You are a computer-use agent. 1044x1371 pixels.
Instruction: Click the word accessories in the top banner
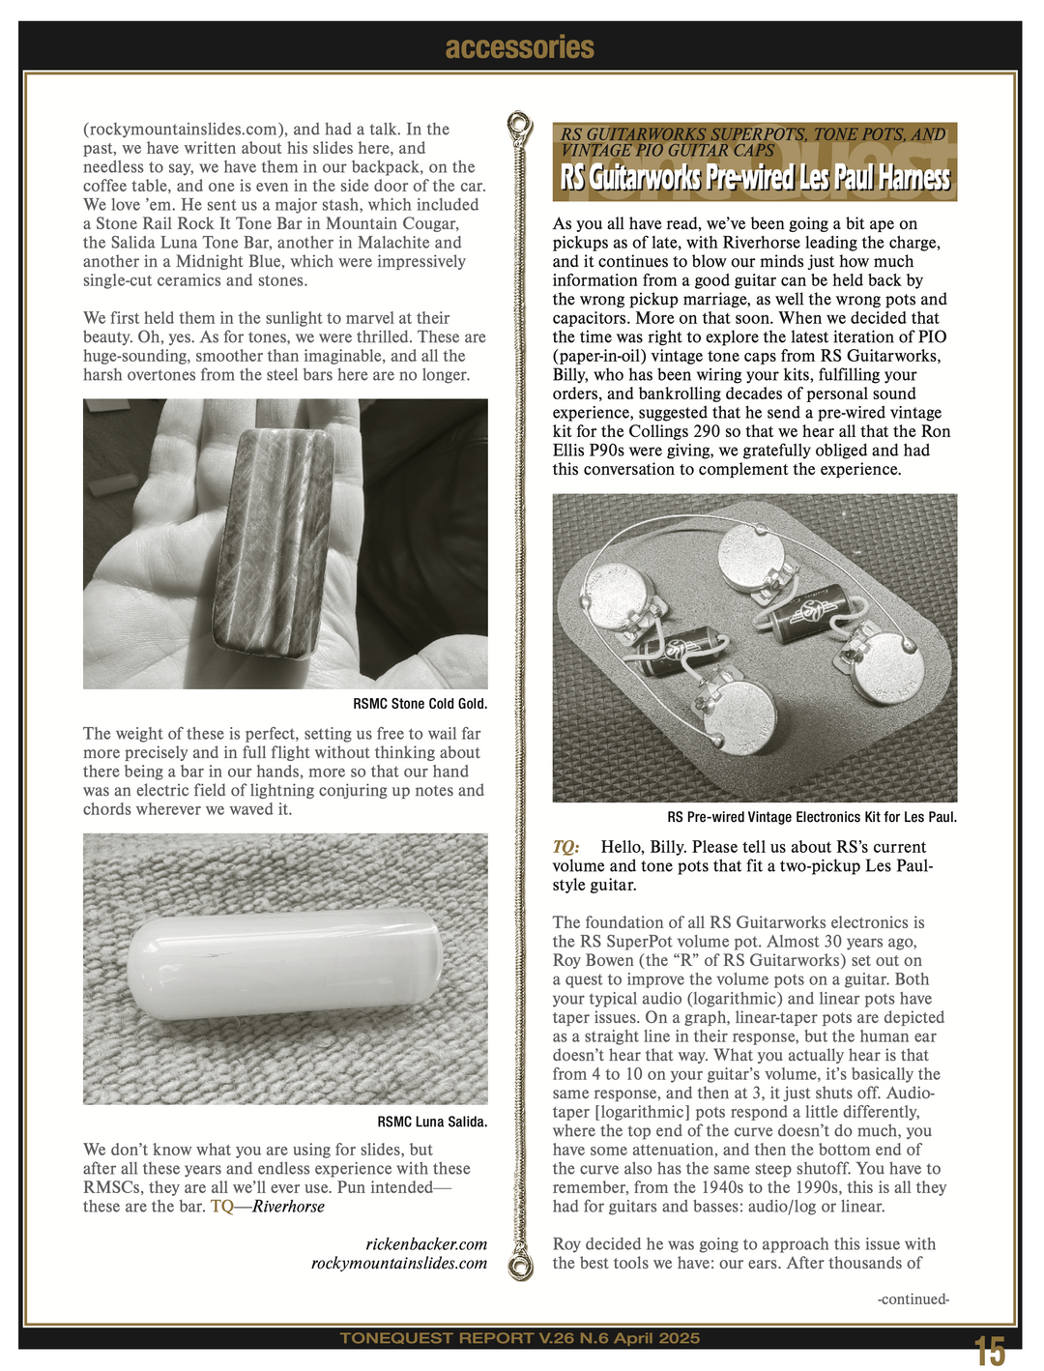(x=520, y=47)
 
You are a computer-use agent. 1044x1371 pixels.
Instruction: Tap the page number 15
(x=989, y=1351)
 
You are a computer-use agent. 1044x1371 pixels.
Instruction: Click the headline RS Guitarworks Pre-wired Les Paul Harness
(x=755, y=178)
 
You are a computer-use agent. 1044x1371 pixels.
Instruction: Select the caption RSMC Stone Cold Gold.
(x=420, y=704)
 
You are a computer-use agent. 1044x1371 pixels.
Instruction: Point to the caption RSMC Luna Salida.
(x=432, y=1123)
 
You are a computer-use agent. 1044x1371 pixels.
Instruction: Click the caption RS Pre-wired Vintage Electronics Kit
(x=811, y=817)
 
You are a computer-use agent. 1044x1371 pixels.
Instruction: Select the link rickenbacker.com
(x=426, y=1244)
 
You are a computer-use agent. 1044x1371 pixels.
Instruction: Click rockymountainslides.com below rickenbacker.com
(x=398, y=1264)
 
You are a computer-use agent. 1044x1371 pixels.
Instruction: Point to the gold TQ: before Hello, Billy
(x=565, y=847)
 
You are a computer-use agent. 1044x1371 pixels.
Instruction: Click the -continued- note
(x=913, y=1299)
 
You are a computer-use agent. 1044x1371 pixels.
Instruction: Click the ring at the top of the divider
(x=520, y=125)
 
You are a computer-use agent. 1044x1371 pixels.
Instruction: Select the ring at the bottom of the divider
(x=521, y=1267)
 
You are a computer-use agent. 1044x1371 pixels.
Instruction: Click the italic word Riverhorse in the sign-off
(x=288, y=1207)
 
